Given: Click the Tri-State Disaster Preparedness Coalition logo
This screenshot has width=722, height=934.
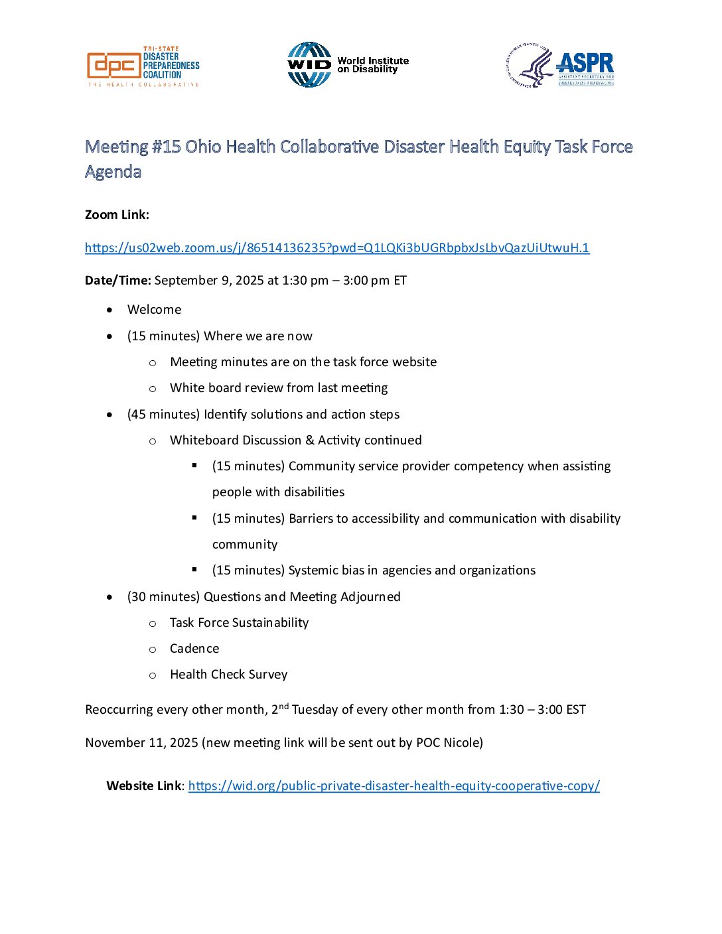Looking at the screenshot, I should tap(143, 66).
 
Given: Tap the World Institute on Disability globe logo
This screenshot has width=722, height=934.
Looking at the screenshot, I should tap(309, 65).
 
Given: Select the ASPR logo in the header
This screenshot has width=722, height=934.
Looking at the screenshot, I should tap(561, 66).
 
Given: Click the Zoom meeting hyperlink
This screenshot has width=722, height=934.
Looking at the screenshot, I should tap(336, 248).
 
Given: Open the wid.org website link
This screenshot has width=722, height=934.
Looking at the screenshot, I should tap(394, 786).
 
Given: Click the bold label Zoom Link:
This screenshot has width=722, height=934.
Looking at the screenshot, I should tap(117, 215).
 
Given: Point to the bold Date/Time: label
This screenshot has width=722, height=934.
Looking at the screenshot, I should tap(118, 281).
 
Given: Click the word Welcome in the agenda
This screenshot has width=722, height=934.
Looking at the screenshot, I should tap(154, 310).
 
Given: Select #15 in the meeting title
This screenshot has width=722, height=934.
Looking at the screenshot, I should tap(166, 147).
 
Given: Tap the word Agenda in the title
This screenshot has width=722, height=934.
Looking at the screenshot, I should tap(113, 172).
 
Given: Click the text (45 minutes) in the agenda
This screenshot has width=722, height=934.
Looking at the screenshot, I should tap(163, 415).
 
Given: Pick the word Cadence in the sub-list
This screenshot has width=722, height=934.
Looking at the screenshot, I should tap(194, 649).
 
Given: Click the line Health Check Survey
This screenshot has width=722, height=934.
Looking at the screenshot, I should tap(228, 675).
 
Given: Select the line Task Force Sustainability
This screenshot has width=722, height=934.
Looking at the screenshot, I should tap(239, 623).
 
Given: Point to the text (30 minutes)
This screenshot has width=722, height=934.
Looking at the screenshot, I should tap(163, 597).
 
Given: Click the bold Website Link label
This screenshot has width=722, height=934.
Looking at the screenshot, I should tap(143, 786).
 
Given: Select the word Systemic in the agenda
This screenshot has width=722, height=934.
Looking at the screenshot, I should tap(313, 570).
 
